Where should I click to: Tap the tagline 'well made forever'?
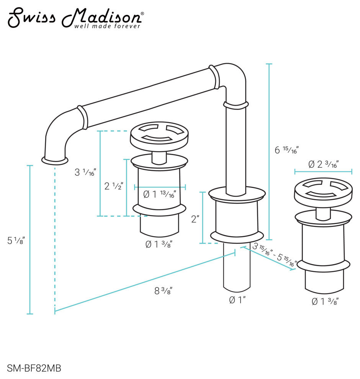[107, 26]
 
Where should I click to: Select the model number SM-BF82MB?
[34, 369]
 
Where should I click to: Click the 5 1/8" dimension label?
[16, 241]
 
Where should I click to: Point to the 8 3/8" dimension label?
[163, 291]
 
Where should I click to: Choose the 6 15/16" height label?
[286, 150]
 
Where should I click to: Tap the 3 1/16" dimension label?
[85, 172]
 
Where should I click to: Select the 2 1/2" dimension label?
[114, 186]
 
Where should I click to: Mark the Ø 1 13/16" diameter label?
[160, 194]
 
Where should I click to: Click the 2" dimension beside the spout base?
[195, 219]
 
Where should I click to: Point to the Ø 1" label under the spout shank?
[237, 300]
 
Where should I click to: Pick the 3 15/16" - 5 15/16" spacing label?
[275, 255]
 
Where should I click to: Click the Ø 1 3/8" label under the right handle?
[325, 302]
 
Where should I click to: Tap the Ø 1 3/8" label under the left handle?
[159, 244]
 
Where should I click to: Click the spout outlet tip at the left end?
[55, 160]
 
